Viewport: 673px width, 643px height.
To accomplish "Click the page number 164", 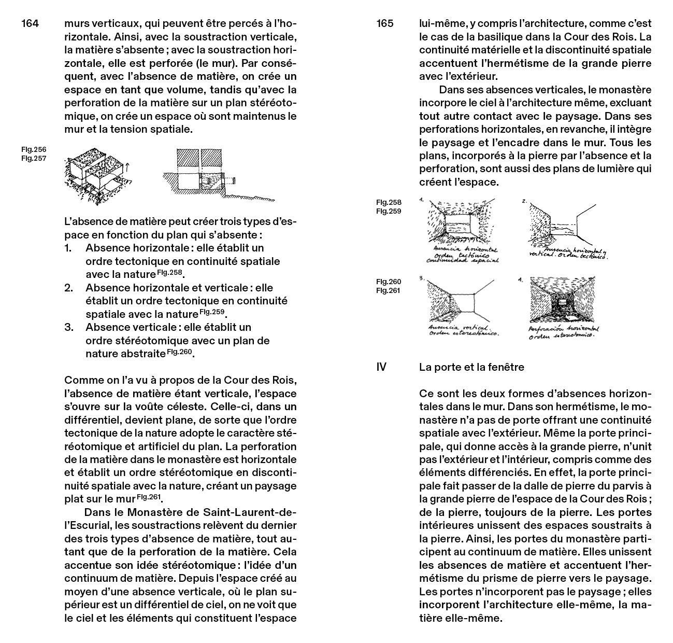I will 30,23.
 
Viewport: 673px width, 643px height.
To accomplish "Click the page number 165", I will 385,23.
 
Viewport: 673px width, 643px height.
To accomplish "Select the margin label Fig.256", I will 34,150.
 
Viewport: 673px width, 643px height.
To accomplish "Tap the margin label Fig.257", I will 34,159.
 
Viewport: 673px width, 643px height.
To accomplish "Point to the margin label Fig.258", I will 389,202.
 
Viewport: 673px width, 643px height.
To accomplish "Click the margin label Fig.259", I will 389,211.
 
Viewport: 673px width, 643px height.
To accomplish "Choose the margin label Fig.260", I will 389,282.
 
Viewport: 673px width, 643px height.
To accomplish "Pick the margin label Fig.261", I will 389,290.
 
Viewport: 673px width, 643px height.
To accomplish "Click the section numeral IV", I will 381,367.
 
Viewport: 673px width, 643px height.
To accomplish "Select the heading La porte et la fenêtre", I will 471,367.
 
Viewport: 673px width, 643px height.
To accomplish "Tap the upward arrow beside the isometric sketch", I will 127,167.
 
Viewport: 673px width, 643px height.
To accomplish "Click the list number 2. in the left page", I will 68,288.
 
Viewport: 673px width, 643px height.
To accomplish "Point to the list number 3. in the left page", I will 68,327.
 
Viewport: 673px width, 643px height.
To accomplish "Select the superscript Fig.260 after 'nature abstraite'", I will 179,352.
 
